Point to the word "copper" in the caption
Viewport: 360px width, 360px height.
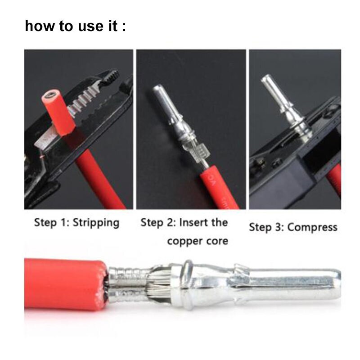coord(184,241)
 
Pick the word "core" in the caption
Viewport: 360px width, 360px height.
coord(217,241)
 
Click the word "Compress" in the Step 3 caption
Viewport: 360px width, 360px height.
coord(312,227)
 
